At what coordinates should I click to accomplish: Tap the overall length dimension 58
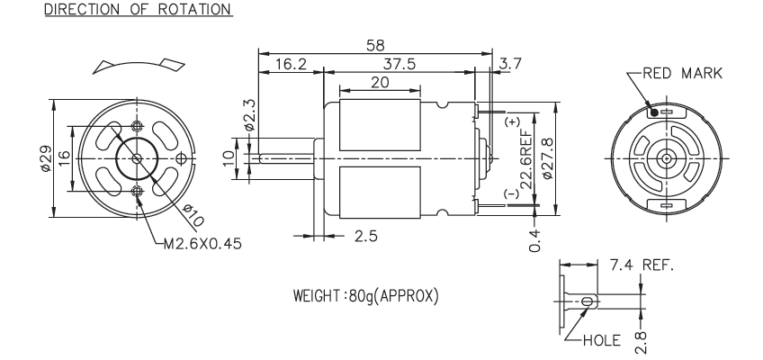(377, 44)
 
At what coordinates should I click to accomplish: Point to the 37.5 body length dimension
(399, 64)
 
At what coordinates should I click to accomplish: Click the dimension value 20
(379, 82)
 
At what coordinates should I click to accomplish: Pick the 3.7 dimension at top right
(509, 64)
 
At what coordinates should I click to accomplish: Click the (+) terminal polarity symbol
(513, 121)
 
